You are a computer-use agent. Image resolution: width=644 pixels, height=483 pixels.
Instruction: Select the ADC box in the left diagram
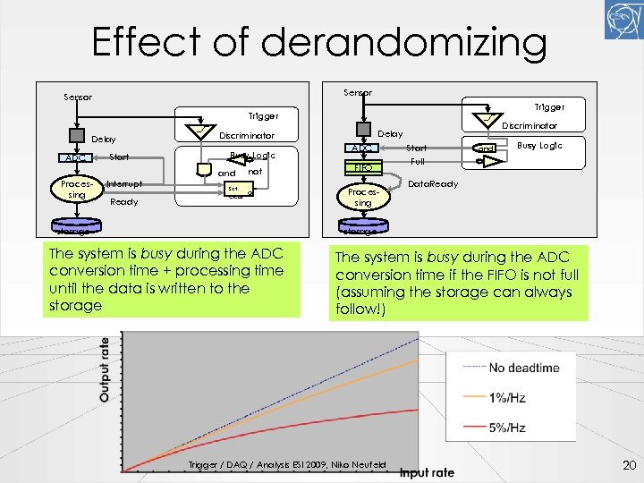click(77, 157)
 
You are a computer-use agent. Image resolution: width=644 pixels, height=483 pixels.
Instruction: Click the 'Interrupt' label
click(124, 184)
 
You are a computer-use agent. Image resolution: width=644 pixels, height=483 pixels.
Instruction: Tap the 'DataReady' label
click(433, 184)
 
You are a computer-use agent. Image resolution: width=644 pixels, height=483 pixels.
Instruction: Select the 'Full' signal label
click(417, 162)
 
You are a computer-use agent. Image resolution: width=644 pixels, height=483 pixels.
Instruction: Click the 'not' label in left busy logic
click(255, 171)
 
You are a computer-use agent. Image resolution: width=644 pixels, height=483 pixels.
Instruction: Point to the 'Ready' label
click(123, 202)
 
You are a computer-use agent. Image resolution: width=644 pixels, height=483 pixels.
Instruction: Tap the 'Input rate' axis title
click(427, 472)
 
